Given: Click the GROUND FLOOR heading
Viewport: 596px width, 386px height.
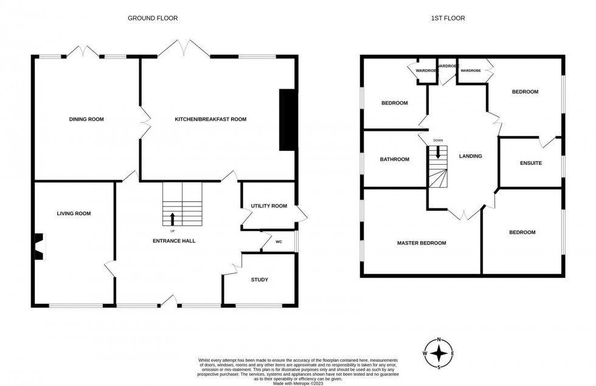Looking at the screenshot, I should (x=153, y=18).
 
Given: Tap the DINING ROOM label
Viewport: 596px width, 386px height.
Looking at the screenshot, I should (x=86, y=119).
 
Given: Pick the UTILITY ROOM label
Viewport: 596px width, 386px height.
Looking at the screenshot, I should (x=269, y=206).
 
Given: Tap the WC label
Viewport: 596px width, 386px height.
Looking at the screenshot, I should (x=279, y=242).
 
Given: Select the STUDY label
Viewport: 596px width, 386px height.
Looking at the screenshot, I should (x=260, y=280).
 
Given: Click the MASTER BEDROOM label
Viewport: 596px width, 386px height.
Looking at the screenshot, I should (x=421, y=243).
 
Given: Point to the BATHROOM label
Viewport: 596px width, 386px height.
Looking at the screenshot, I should (x=395, y=159).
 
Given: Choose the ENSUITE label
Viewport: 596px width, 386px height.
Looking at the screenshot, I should (x=531, y=164).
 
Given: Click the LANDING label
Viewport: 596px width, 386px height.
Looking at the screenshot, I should (x=471, y=156).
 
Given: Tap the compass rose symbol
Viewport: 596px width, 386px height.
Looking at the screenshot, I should (x=439, y=353).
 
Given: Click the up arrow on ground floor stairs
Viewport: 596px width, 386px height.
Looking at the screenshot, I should (x=172, y=218).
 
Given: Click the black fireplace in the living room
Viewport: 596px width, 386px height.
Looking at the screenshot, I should (x=39, y=247).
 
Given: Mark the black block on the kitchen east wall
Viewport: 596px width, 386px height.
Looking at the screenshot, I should (x=286, y=120).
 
